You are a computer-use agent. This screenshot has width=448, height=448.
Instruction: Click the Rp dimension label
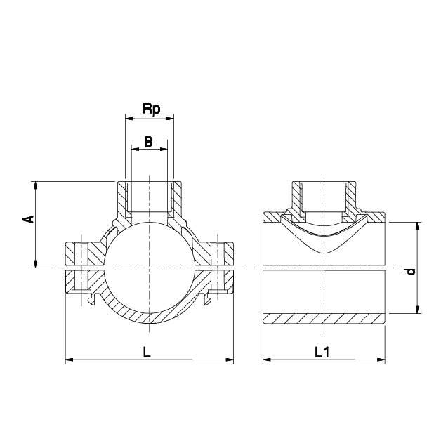coord(152,109)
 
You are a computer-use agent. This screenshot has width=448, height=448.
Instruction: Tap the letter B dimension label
coord(149,142)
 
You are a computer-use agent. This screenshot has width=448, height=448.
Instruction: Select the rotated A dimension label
coord(28,219)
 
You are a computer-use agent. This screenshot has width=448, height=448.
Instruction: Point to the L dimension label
coord(147,352)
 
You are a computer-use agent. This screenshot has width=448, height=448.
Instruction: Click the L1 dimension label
coord(322,352)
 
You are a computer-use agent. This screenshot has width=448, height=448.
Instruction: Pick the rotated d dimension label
coord(411,272)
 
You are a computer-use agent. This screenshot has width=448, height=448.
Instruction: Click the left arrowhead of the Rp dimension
coord(129,118)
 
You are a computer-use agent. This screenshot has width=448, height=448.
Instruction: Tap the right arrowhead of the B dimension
coord(164,149)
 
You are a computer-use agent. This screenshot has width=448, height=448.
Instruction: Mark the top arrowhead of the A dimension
coord(35,185)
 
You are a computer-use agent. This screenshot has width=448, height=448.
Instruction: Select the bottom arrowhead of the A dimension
coord(35,264)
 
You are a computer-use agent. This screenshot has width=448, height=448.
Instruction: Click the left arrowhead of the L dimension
coord(70,360)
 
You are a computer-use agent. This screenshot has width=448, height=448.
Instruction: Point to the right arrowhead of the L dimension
coord(230,360)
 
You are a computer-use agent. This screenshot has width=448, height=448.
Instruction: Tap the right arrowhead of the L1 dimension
coord(381,360)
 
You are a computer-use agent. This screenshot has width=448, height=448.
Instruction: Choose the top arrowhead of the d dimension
coord(417,226)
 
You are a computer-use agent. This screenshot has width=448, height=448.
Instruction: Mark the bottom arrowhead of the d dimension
coord(417,310)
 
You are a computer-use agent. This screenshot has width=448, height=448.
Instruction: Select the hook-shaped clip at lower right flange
coord(207,298)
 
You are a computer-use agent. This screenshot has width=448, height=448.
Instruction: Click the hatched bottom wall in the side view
coord(324,319)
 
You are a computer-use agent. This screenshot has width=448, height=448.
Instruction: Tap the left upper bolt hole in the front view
coord(81,253)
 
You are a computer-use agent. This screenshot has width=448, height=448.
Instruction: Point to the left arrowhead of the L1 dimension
coord(267,360)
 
